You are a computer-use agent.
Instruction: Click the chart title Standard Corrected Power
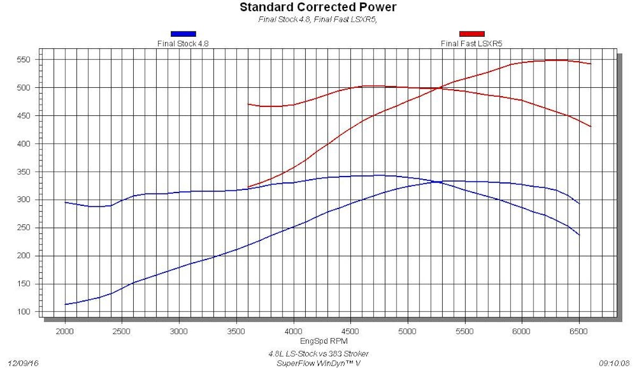pyautogui.click(x=318, y=7)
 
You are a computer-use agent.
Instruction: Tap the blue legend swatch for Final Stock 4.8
pyautogui.click(x=183, y=34)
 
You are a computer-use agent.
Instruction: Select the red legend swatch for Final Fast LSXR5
pyautogui.click(x=471, y=34)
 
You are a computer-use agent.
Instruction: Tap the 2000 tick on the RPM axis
pyautogui.click(x=65, y=330)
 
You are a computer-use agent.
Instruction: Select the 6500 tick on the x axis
pyautogui.click(x=579, y=330)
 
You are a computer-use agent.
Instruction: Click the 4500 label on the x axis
pyautogui.click(x=350, y=330)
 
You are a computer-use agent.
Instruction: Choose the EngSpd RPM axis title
pyautogui.click(x=318, y=340)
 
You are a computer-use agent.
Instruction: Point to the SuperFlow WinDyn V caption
pyautogui.click(x=318, y=363)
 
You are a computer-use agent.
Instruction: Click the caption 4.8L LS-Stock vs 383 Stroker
pyautogui.click(x=318, y=354)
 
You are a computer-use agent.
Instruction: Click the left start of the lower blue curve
pyautogui.click(x=65, y=304)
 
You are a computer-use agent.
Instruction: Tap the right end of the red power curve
pyautogui.click(x=591, y=64)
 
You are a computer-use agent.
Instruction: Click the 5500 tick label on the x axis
pyautogui.click(x=464, y=330)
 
